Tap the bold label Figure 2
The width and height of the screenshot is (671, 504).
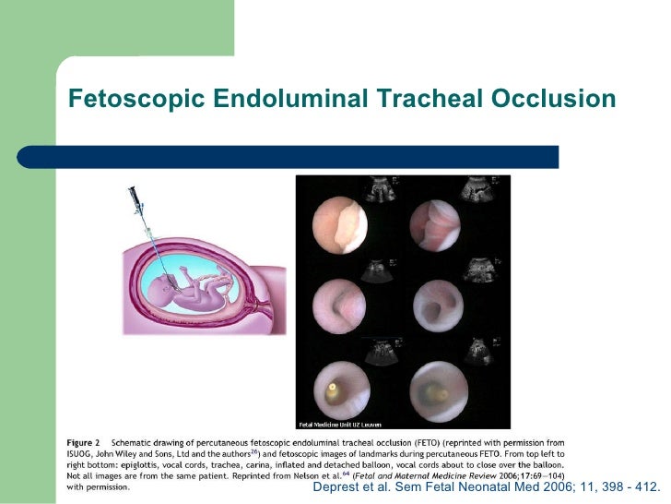[85, 442]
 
